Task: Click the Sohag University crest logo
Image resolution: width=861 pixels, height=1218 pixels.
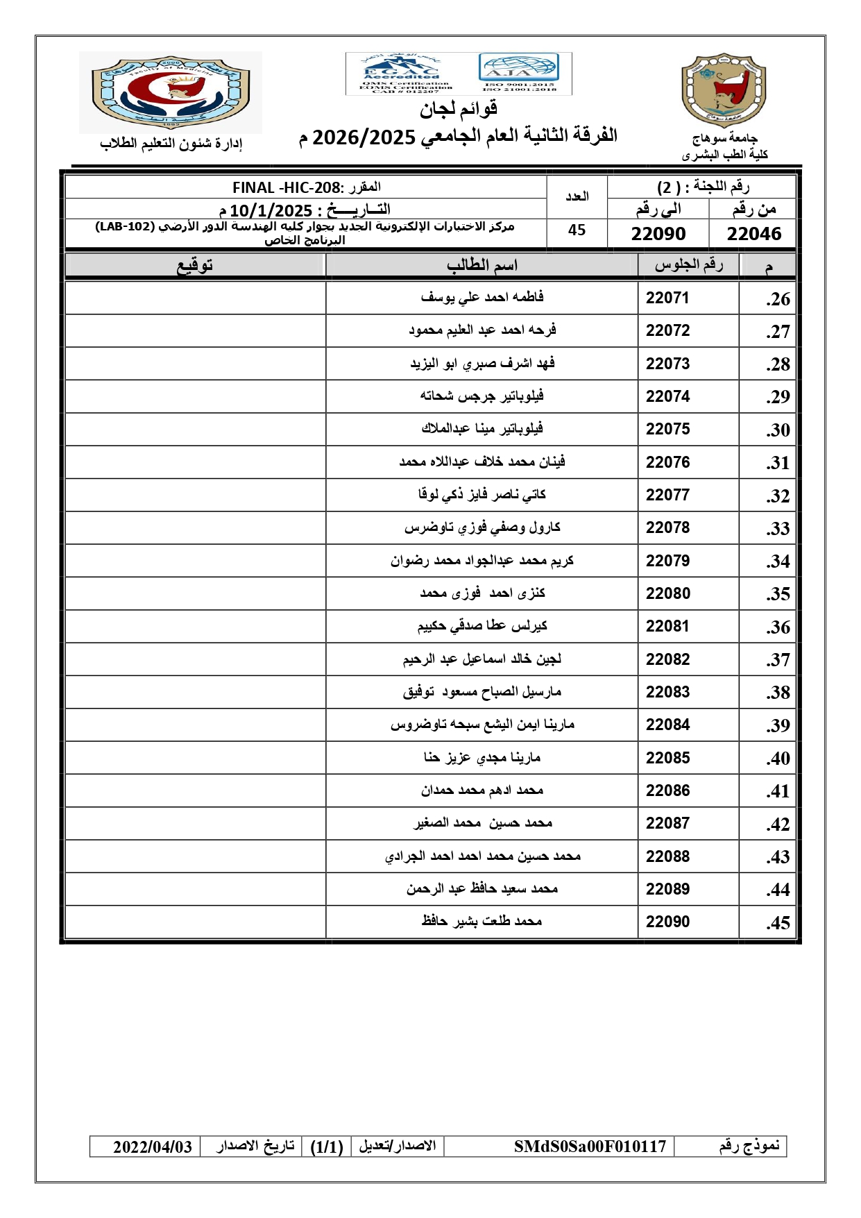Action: [724, 91]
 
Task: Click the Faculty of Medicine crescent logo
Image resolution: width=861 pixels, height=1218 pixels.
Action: [171, 93]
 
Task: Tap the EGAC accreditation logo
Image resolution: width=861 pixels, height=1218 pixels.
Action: [400, 74]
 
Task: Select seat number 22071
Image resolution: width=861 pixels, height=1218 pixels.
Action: [667, 298]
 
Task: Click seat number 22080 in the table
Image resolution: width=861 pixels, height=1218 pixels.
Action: [667, 593]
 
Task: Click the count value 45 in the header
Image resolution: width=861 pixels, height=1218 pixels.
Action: [577, 230]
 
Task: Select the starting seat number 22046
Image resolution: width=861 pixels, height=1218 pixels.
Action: [753, 234]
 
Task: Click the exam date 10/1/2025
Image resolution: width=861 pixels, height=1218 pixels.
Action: [271, 210]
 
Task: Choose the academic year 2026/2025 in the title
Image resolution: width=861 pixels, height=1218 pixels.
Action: [364, 137]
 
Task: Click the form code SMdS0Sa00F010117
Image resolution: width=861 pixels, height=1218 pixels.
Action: [590, 1147]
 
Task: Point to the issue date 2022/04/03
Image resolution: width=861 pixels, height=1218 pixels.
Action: [152, 1147]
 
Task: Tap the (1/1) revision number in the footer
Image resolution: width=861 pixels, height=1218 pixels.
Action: [327, 1147]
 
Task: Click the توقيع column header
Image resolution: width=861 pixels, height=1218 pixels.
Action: [195, 266]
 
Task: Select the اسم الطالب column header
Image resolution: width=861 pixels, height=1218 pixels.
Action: [481, 266]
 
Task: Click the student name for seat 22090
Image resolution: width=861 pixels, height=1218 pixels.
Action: [481, 921]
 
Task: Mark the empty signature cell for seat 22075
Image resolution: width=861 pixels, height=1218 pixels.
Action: [195, 429]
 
